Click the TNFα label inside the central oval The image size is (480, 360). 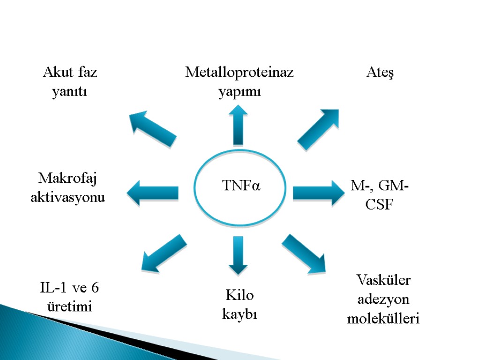click(241, 186)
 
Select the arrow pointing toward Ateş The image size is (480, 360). click(319, 129)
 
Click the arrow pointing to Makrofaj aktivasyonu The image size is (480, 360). click(153, 193)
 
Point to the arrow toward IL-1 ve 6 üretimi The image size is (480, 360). click(164, 254)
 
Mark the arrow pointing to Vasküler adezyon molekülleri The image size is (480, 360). click(304, 254)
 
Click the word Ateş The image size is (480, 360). click(379, 73)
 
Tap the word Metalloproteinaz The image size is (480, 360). click(239, 72)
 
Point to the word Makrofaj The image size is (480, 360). click(70, 178)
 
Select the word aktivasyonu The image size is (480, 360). click(68, 198)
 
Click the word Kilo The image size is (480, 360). click(240, 295)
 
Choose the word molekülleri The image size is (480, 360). click(383, 319)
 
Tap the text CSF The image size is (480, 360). click(379, 206)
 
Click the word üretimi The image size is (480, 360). click(70, 307)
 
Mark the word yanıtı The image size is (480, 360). click(70, 92)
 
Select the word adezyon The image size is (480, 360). click(383, 300)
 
